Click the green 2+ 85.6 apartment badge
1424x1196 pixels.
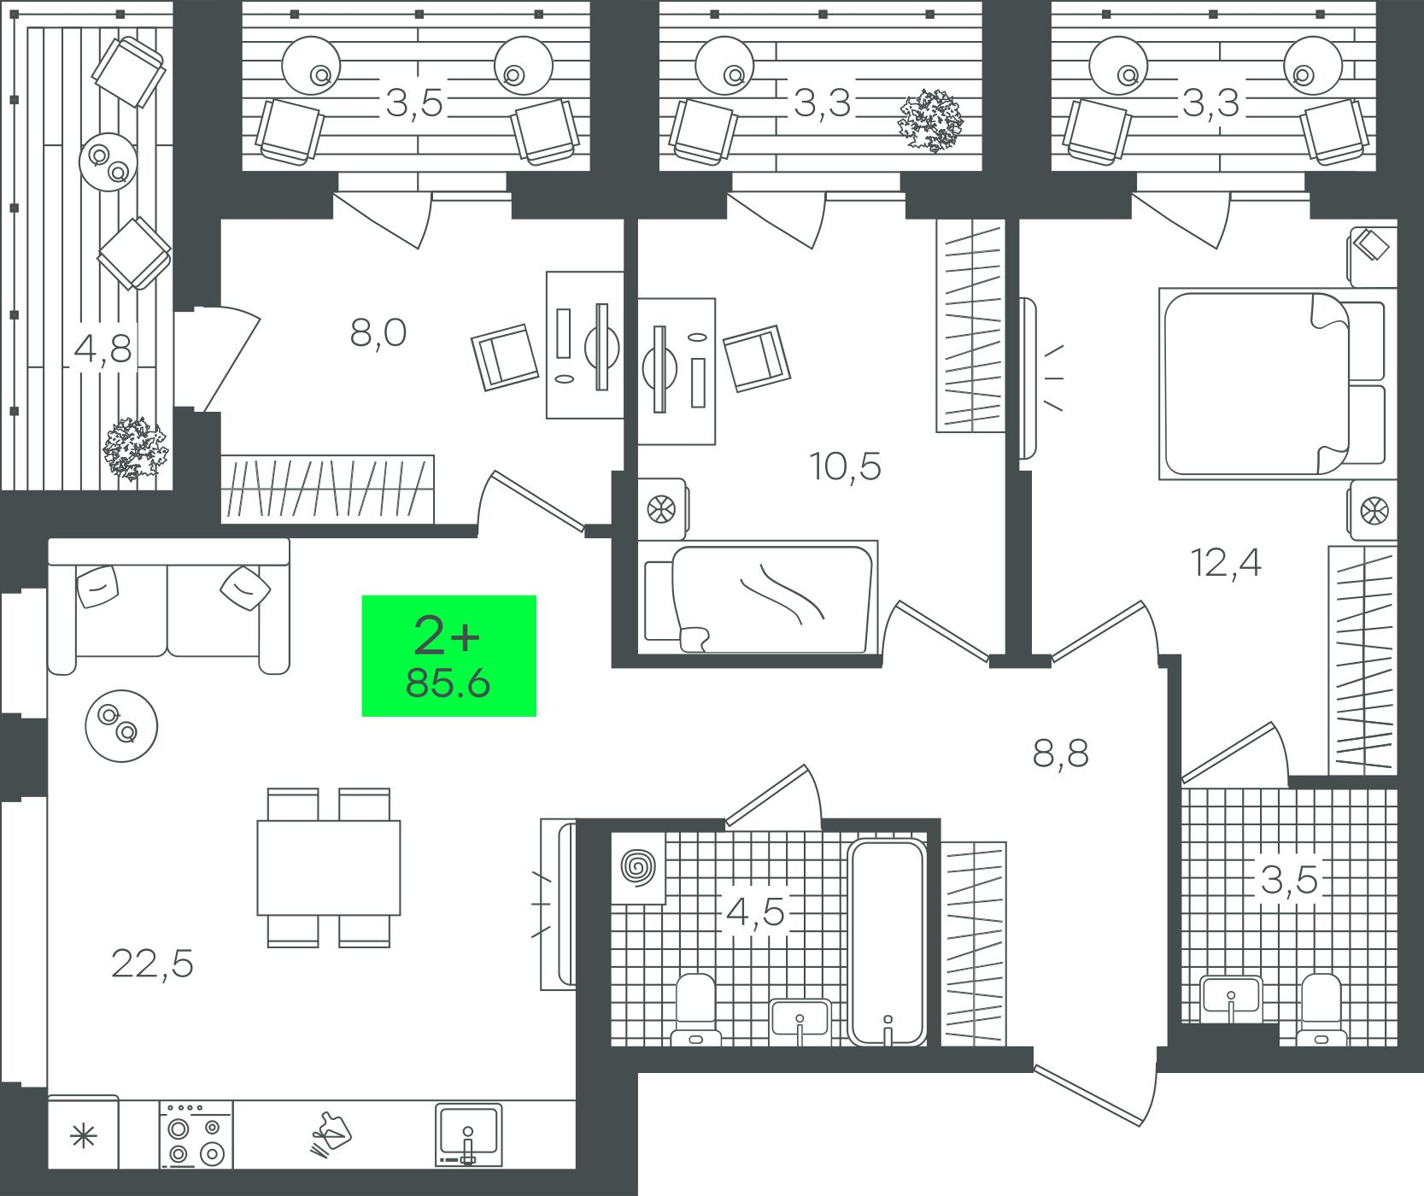[x=449, y=655]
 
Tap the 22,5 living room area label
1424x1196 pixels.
[x=153, y=964]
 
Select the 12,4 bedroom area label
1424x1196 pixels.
[x=1227, y=563]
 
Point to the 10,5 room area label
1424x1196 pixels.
[x=846, y=466]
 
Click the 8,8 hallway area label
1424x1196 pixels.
[x=1061, y=754]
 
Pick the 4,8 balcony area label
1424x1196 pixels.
[x=103, y=349]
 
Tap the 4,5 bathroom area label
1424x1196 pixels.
[x=755, y=912]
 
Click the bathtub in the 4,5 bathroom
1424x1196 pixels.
[x=888, y=941]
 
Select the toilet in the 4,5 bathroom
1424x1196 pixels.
[x=695, y=1010]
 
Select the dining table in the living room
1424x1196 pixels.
[x=329, y=867]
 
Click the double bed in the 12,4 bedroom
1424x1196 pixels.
[x=1271, y=384]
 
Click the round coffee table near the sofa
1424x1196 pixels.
[x=121, y=726]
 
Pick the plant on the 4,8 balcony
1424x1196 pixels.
[x=135, y=448]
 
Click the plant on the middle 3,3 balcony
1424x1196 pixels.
[x=930, y=120]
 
